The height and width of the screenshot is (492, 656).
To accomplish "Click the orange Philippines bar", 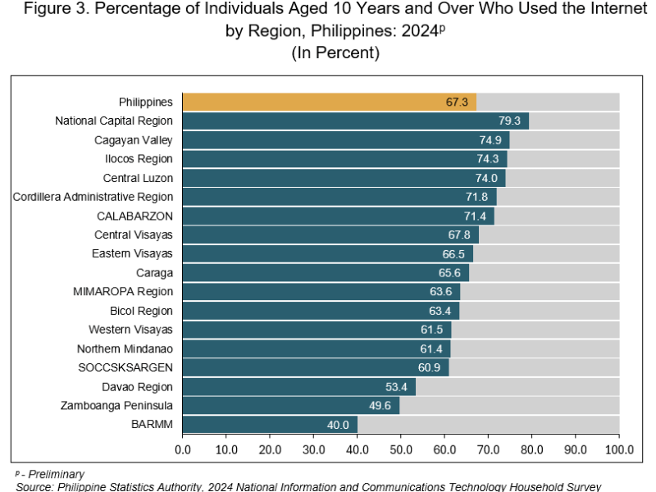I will [x=328, y=102].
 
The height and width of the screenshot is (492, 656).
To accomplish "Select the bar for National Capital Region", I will [x=355, y=121].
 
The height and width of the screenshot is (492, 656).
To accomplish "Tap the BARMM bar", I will [x=270, y=425].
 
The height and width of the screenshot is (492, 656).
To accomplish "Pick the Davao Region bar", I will [x=298, y=387].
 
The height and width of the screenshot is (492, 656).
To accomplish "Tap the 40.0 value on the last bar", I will [x=339, y=425].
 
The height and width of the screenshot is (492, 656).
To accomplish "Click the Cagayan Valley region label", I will [x=134, y=139].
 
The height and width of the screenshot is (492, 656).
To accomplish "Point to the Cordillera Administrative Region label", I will [x=93, y=197].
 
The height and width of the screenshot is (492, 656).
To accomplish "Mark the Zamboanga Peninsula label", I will [x=116, y=405].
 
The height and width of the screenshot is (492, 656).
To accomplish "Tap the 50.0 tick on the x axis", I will [x=401, y=449].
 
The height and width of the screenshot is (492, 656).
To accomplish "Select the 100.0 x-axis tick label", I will [x=618, y=449].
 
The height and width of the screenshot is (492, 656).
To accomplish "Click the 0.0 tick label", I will [x=182, y=449].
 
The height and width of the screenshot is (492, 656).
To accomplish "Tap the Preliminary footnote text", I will [x=53, y=474].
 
